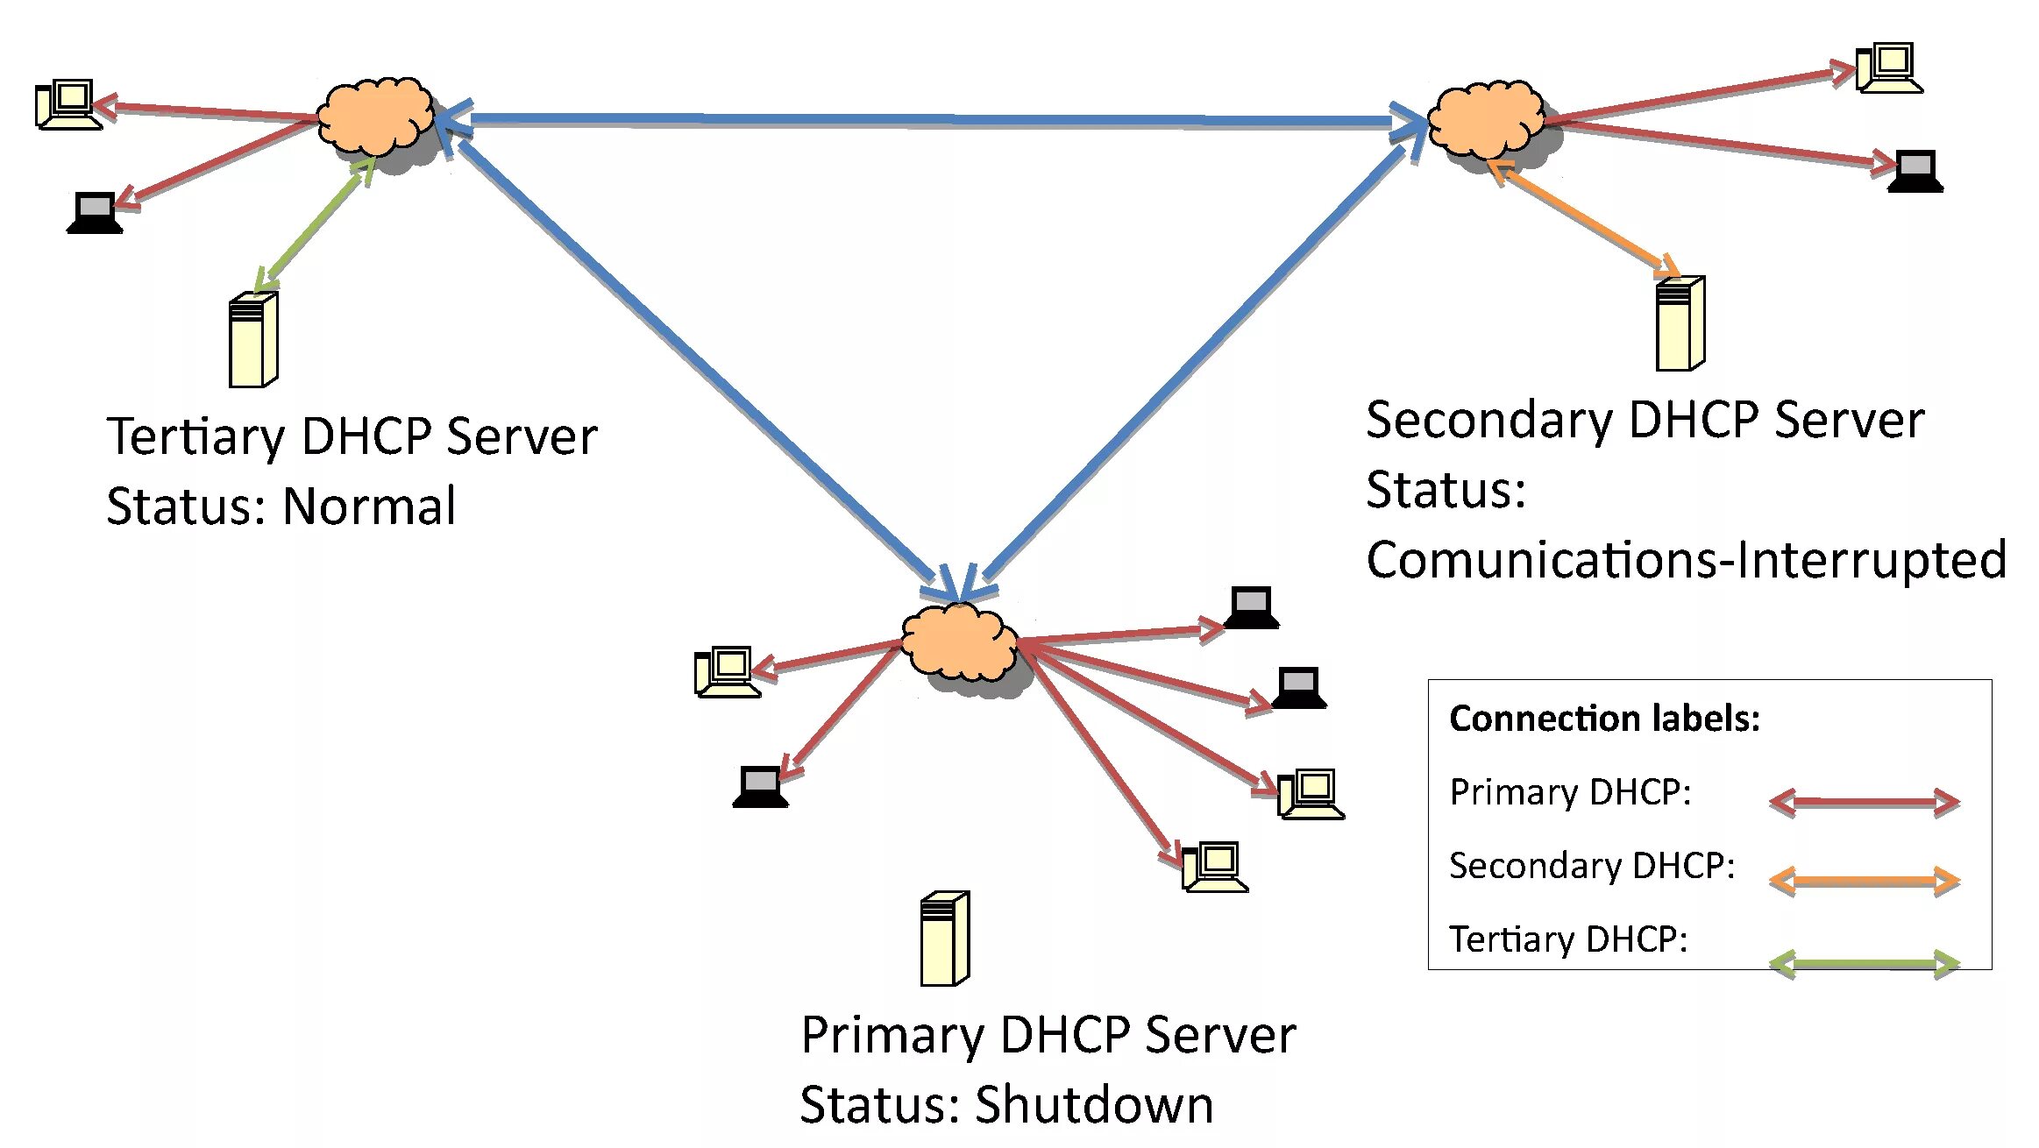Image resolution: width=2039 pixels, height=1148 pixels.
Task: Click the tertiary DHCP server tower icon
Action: (x=253, y=339)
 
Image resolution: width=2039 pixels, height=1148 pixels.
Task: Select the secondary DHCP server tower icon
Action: (x=1680, y=323)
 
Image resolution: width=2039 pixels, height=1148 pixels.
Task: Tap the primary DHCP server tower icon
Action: (x=944, y=939)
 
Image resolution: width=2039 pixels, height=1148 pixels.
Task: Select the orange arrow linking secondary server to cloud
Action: (x=1583, y=219)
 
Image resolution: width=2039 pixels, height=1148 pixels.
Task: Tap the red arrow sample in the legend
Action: (x=1865, y=802)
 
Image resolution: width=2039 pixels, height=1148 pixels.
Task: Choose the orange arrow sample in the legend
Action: (x=1865, y=880)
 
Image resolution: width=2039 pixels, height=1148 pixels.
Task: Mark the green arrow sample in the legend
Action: (x=1865, y=964)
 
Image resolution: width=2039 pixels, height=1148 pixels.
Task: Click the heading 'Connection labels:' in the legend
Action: (x=1604, y=719)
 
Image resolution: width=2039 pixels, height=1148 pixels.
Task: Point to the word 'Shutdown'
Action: (x=1094, y=1104)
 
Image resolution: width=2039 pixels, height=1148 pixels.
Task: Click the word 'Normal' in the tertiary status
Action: (x=369, y=506)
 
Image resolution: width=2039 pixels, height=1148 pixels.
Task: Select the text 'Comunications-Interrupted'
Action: (x=1686, y=560)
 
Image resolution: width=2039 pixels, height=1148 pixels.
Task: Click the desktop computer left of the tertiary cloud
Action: (x=68, y=105)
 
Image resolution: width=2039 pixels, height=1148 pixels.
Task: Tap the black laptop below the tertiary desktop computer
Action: (x=95, y=213)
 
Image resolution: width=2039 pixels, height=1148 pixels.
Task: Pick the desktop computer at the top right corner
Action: (x=1889, y=67)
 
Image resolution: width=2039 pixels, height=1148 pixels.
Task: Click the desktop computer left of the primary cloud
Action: (x=727, y=672)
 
